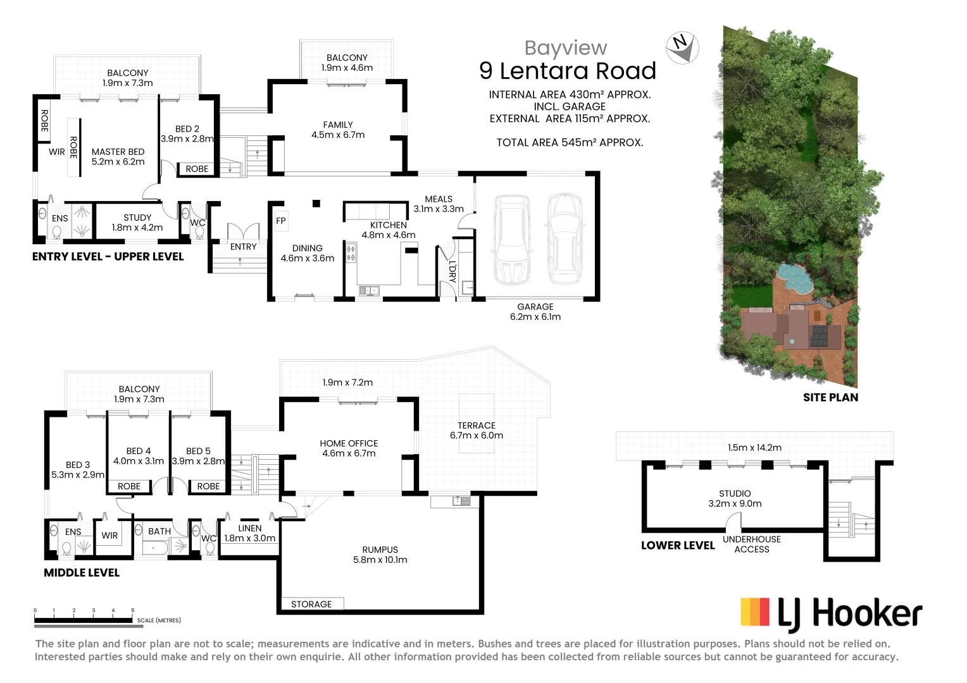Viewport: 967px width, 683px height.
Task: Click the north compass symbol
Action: [682, 47]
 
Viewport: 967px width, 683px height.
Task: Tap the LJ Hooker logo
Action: [831, 614]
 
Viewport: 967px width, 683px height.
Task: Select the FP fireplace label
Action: [281, 221]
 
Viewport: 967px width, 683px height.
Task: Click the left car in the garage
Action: [513, 240]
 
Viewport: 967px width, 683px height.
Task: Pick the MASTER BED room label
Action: [118, 157]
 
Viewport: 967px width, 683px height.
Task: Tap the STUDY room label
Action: [137, 223]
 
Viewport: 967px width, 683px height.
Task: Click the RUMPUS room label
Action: [380, 555]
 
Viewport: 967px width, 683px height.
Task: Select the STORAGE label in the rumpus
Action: [311, 604]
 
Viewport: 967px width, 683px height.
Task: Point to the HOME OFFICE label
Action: [349, 448]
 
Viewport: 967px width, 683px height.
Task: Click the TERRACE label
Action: [477, 430]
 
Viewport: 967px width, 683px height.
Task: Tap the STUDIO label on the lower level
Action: [735, 498]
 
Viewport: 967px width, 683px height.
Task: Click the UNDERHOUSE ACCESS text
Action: [752, 545]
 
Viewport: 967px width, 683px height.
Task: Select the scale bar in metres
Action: [84, 620]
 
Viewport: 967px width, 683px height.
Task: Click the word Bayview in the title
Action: [566, 48]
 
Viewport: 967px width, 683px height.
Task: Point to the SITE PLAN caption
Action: [830, 397]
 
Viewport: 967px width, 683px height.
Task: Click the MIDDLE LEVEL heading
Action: [82, 572]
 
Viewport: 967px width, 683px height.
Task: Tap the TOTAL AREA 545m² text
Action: [570, 142]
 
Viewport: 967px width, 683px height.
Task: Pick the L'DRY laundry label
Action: [452, 271]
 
